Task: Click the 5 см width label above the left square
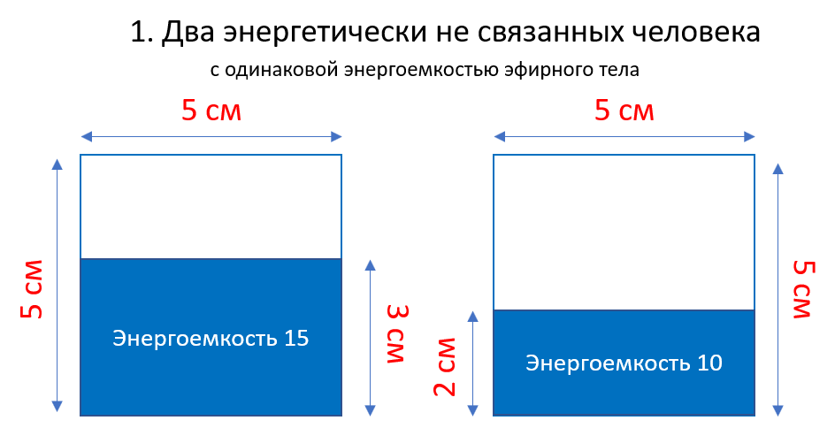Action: [x=211, y=111]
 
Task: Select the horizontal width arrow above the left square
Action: [x=211, y=136]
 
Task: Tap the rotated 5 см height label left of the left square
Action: [x=33, y=288]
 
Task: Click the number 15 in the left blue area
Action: [x=296, y=338]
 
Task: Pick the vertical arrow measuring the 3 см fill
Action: [x=370, y=337]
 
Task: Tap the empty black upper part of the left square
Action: [x=211, y=207]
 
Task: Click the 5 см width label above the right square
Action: [x=624, y=111]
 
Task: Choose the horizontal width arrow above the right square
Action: [x=624, y=136]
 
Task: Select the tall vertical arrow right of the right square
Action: [x=778, y=288]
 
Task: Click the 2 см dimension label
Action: [x=447, y=366]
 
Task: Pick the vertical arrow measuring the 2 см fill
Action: [x=473, y=363]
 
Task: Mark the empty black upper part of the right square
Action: [x=624, y=233]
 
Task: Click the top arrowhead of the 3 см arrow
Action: [x=370, y=264]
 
